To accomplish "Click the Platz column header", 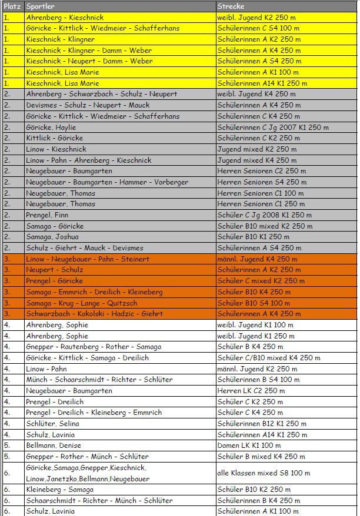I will click(12, 6).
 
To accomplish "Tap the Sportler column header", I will click(41, 6).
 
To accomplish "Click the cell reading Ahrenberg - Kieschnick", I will click(65, 17).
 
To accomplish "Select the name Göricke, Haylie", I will click(51, 127).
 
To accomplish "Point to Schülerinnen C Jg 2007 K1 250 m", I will click(272, 127).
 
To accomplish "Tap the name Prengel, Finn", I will click(47, 215).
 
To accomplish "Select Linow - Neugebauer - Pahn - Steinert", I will click(88, 259).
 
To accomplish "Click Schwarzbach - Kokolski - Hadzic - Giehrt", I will click(94, 314).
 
